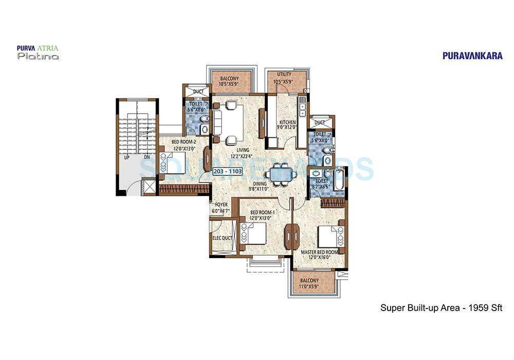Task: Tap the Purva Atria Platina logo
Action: point(38,52)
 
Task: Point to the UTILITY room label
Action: point(284,74)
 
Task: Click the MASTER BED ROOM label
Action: point(319,252)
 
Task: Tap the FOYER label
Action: point(221,204)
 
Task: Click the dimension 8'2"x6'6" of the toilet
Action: point(322,188)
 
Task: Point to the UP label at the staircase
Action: point(126,157)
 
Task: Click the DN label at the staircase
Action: point(146,157)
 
